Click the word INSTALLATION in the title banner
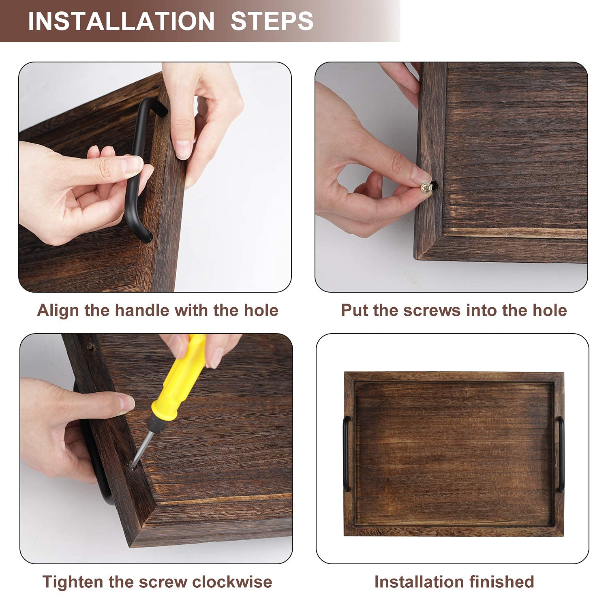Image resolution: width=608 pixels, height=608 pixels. coord(121,21)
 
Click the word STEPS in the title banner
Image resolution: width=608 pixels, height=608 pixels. coord(272,21)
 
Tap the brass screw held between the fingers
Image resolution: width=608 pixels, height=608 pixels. coord(427,187)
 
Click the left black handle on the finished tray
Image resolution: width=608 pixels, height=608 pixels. coord(347,454)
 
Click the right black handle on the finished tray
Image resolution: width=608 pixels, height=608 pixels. coord(561,454)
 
